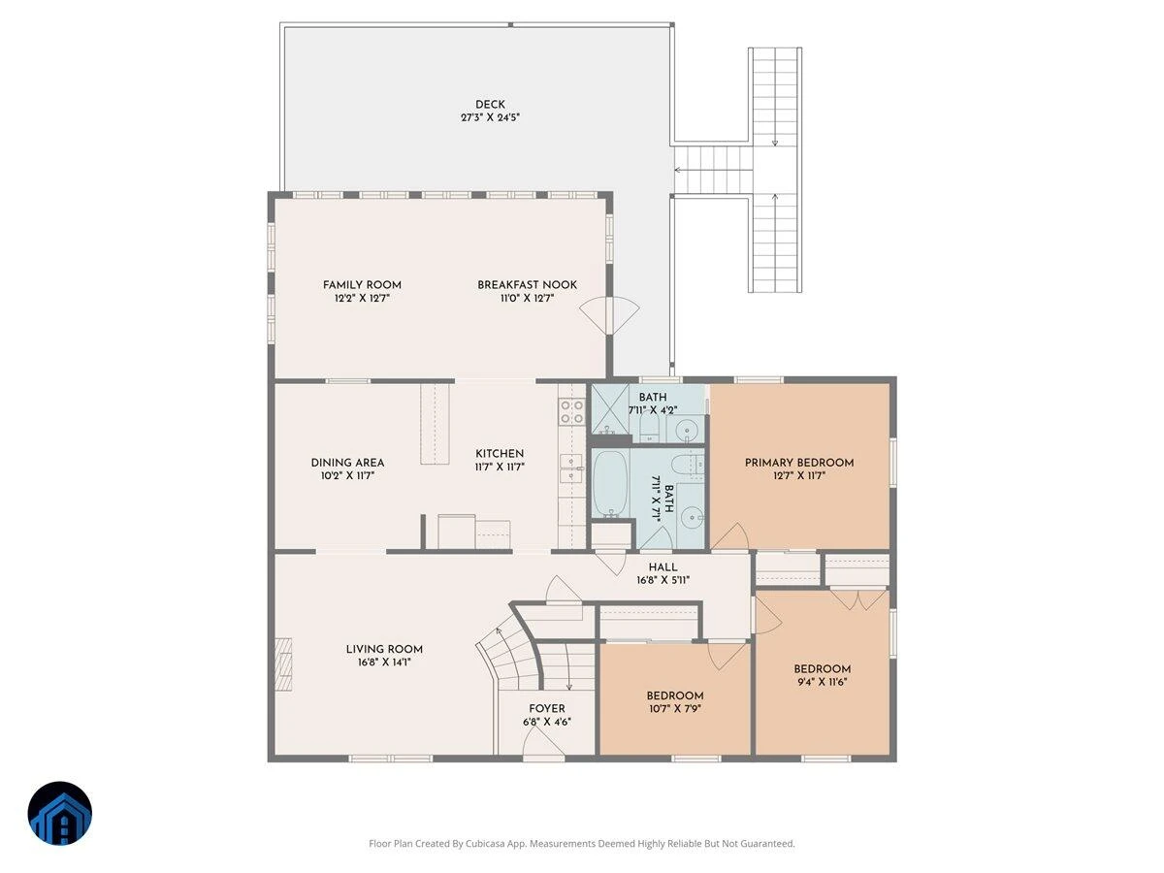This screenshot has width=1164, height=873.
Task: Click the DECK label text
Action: point(490,105)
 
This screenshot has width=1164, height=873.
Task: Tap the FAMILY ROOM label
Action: point(362,284)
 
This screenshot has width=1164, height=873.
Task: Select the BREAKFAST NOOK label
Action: point(527,284)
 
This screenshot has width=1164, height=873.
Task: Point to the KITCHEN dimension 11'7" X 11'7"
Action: point(499,467)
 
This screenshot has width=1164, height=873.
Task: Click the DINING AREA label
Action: point(347,463)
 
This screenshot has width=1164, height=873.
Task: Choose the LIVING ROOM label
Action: point(384,649)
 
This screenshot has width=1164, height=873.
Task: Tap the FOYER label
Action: point(547,709)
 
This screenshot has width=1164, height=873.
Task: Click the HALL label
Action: point(663,567)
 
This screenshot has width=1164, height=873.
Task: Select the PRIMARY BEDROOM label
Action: point(798,463)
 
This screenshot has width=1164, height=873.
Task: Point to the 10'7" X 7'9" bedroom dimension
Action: point(674,709)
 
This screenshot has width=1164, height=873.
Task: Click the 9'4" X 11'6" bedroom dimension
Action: point(822,682)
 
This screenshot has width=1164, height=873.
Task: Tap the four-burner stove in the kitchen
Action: point(571,412)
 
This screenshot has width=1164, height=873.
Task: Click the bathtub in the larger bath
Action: point(610,483)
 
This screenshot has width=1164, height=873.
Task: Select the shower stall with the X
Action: point(609,408)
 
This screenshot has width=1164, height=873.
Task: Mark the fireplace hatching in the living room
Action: point(283,664)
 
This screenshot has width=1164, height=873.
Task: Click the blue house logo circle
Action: point(60,813)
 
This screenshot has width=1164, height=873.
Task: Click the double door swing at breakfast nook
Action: point(609,315)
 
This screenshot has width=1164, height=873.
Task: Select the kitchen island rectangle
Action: point(435,424)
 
